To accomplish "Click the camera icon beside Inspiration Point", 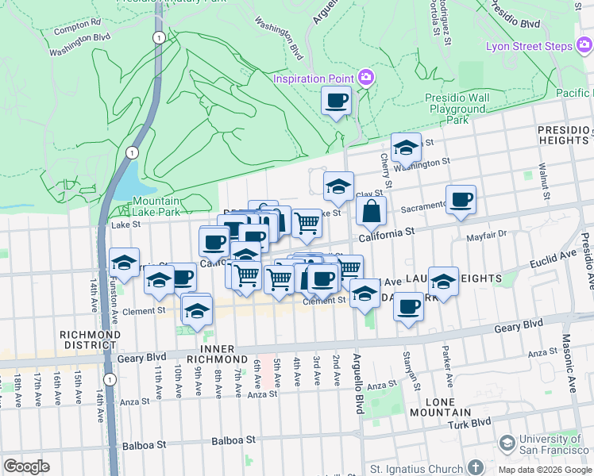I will (367, 77).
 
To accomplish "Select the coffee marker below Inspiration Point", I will (336, 101).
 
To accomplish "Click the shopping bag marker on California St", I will (371, 211).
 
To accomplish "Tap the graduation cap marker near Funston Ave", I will (124, 262).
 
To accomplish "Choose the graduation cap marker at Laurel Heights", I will (443, 281).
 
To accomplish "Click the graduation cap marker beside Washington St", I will (406, 147).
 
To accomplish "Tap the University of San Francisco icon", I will (506, 442).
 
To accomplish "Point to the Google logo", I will (26, 466).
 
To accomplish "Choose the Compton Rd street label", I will (78, 25).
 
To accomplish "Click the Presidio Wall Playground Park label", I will (455, 109).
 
